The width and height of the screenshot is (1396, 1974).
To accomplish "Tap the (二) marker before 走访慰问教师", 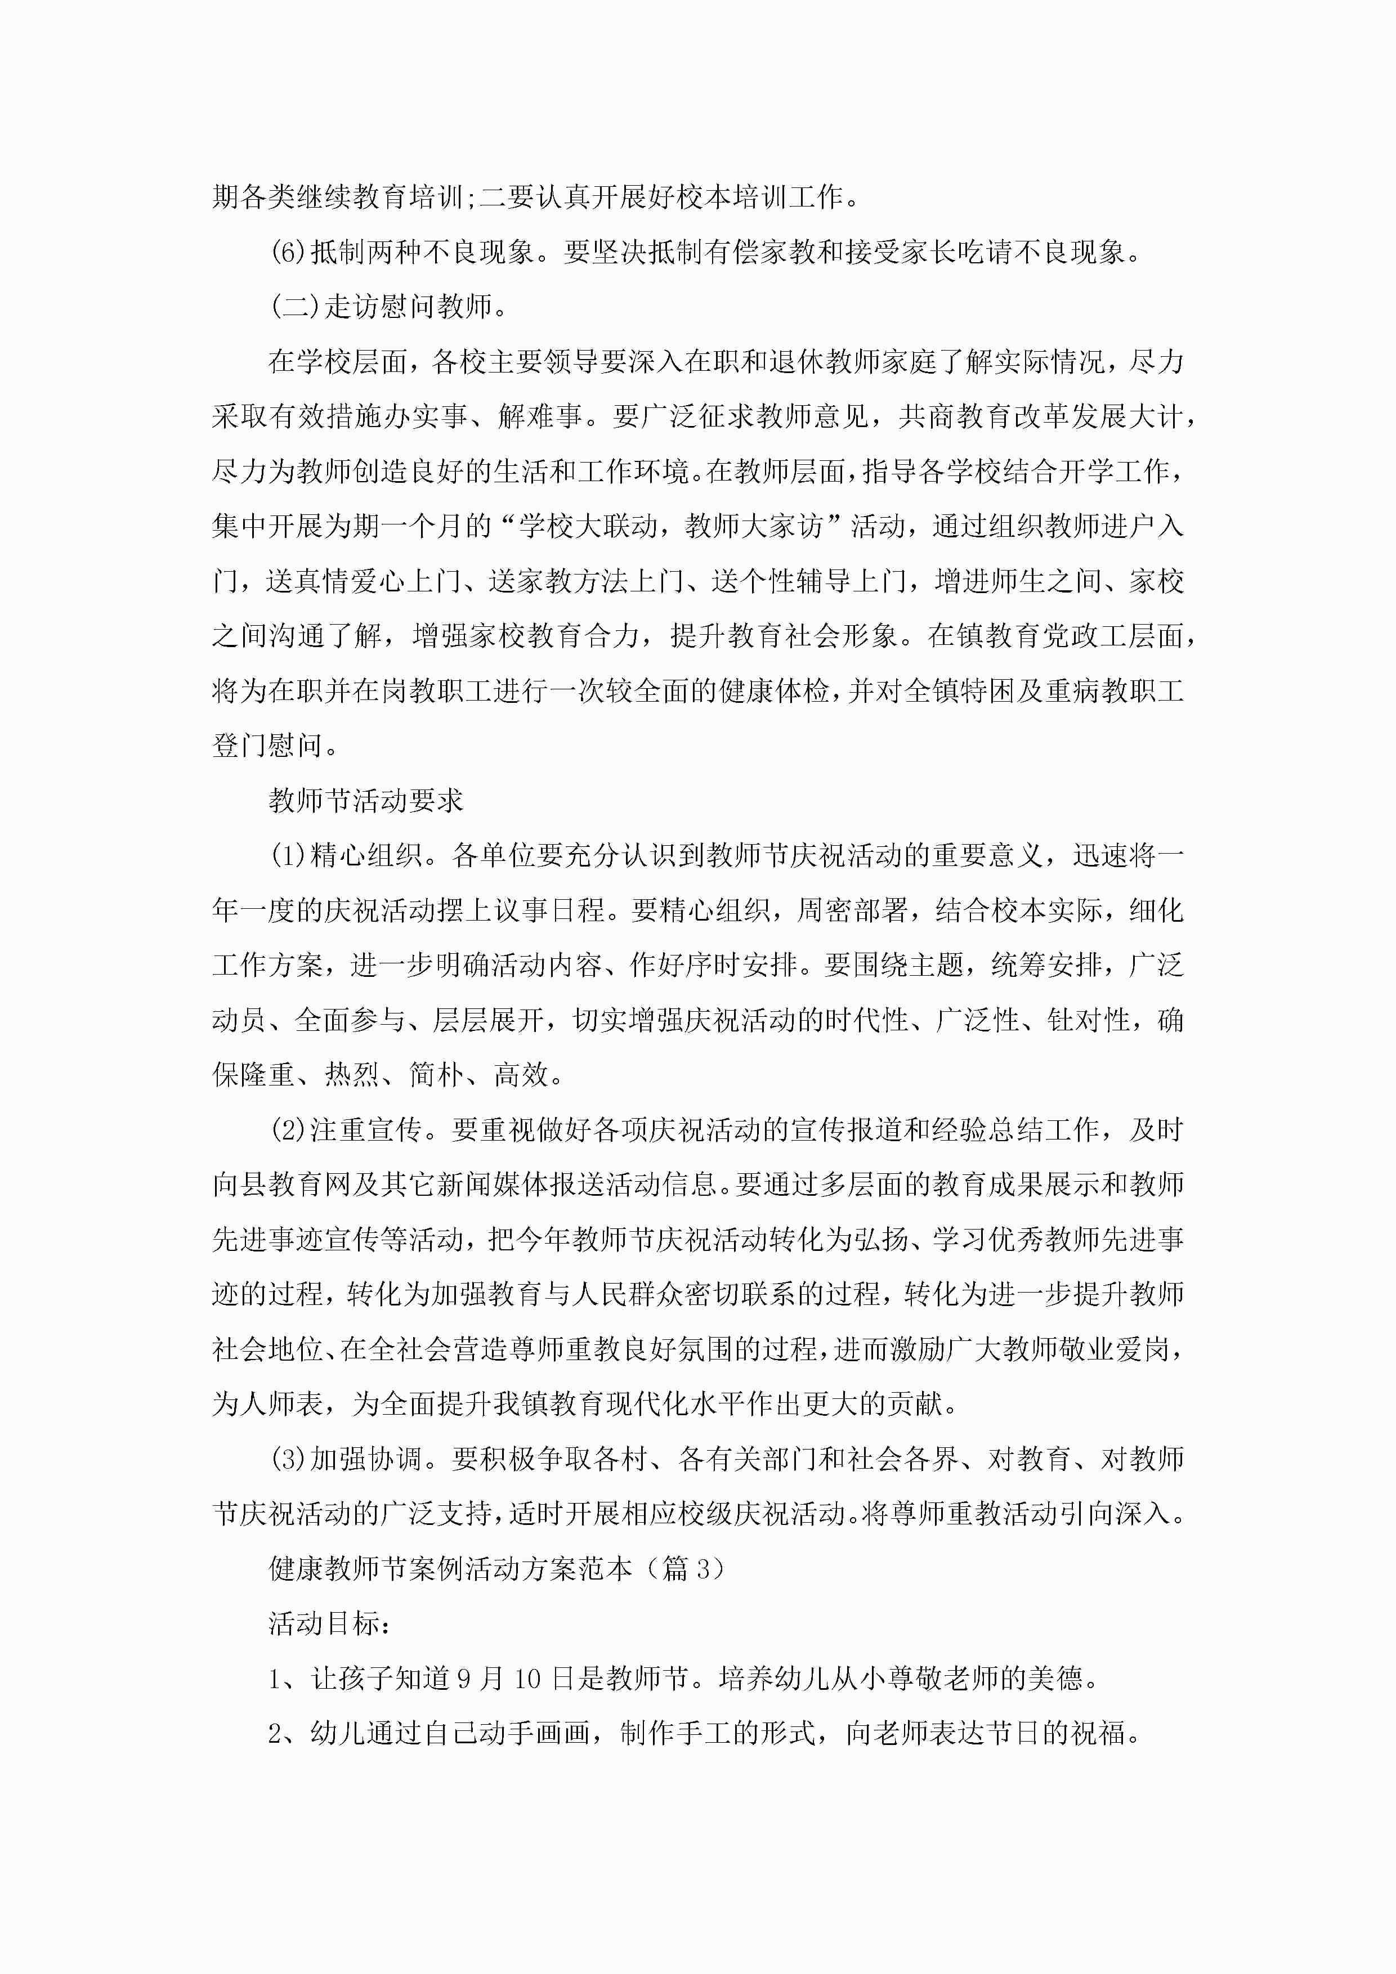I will [295, 307].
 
